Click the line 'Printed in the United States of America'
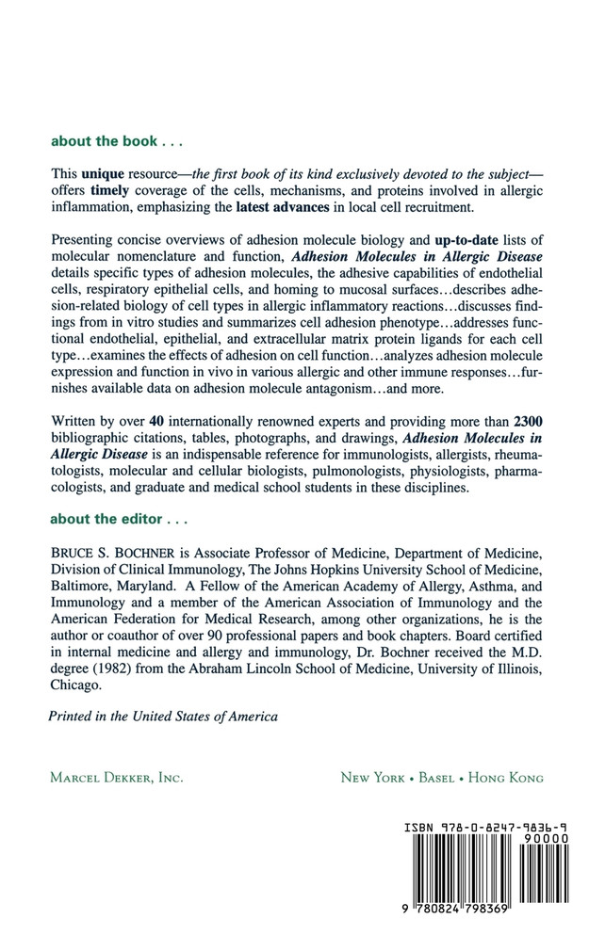point(163,717)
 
